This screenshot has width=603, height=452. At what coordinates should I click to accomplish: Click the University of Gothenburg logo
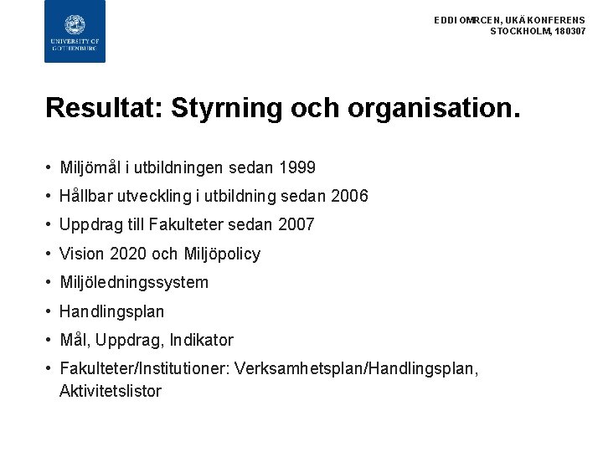coord(75,31)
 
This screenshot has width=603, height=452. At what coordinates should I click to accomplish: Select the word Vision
coord(81,254)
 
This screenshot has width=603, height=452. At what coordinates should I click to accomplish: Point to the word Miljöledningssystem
coord(134,282)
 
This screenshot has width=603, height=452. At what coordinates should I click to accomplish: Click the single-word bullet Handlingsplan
coord(111,311)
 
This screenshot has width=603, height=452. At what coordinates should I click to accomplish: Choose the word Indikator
coord(201,340)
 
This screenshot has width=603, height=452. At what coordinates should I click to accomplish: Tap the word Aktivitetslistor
coord(110,391)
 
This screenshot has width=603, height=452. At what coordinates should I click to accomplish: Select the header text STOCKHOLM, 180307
coord(538,31)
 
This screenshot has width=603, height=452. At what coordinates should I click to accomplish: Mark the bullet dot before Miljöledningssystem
coord(50,282)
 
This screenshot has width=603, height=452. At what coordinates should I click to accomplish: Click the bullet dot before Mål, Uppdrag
coord(50,340)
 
